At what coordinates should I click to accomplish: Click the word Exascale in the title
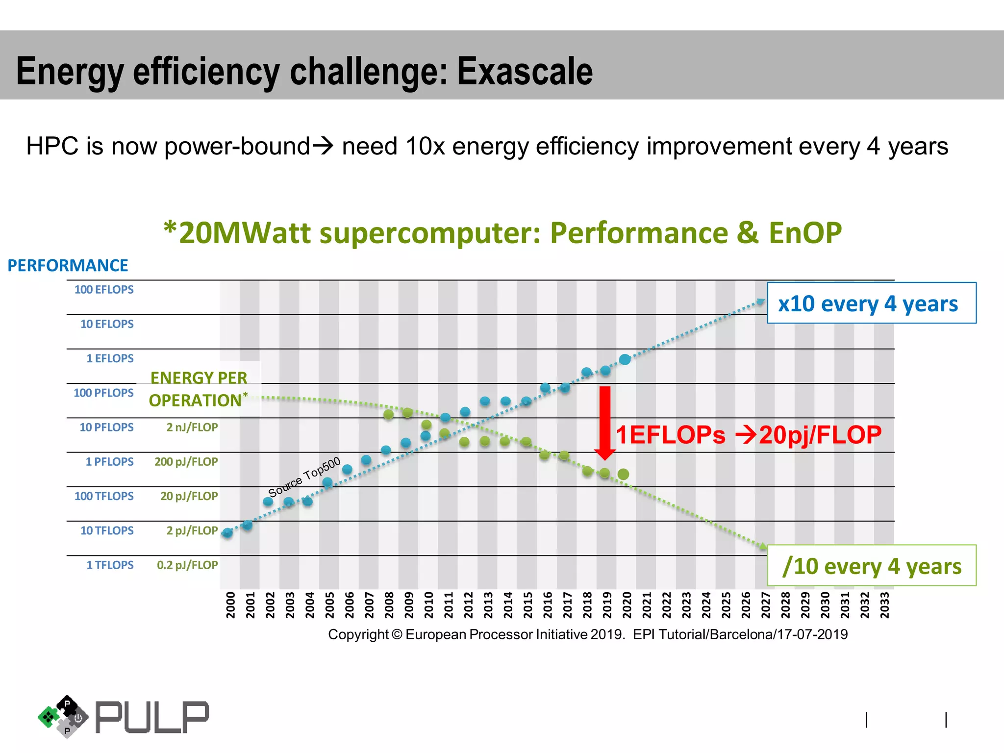525,72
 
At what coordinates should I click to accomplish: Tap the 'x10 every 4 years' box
871,303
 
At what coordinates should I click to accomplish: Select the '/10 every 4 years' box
871,566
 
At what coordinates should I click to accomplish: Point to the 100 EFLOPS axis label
104,290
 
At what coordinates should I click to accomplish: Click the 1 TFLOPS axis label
110,565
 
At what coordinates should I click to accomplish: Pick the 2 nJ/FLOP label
192,427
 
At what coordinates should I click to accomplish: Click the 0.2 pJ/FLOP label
187,565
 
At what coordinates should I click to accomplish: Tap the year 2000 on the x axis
230,604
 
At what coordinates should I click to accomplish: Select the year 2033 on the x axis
884,604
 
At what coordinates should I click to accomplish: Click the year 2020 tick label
627,604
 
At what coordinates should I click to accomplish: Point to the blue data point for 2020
625,359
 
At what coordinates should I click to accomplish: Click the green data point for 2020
623,474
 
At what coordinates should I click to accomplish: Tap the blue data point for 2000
227,533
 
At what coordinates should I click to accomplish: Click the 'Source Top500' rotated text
304,477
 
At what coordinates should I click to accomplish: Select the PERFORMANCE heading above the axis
68,265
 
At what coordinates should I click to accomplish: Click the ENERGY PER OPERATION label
198,389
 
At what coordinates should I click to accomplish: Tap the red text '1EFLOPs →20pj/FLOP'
748,435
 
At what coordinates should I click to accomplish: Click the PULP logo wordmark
151,717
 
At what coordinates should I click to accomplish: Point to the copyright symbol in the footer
397,634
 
